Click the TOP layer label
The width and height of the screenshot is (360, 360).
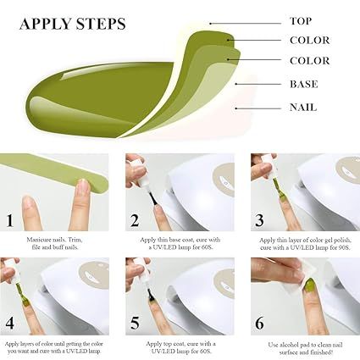300,20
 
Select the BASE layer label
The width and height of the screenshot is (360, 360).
302,84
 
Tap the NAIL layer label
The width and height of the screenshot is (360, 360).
302,107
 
